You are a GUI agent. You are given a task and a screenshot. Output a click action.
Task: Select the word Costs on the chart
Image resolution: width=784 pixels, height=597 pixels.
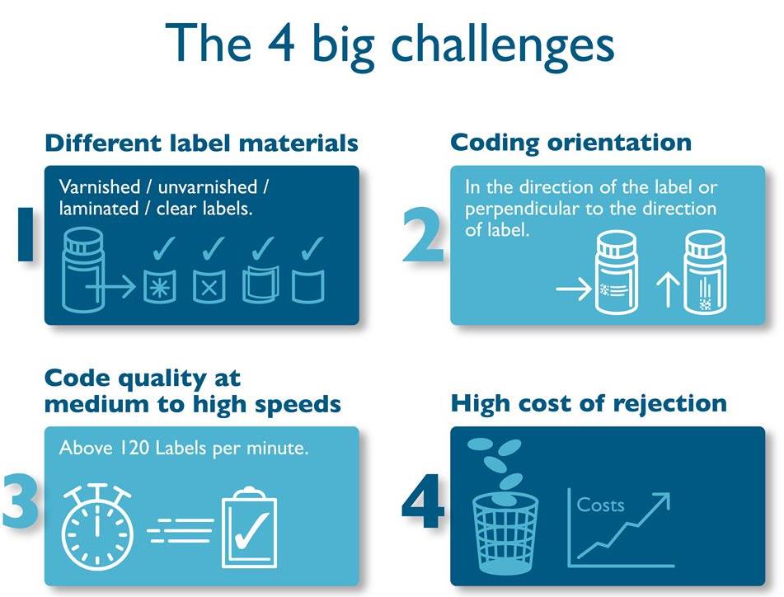[600, 505]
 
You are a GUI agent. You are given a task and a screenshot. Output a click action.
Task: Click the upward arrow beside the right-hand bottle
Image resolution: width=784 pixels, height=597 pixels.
[667, 289]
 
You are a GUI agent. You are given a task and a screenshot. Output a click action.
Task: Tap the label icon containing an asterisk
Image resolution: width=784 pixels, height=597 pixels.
[159, 284]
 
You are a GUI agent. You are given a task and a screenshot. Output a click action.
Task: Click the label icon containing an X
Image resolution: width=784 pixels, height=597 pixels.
[209, 284]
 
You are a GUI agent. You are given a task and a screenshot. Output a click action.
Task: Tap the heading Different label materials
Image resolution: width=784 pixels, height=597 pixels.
[202, 143]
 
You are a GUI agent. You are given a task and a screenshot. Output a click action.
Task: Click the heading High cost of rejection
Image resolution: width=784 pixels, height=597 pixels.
[589, 403]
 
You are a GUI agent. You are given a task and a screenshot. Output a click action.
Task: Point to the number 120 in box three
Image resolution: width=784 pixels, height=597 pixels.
[120, 449]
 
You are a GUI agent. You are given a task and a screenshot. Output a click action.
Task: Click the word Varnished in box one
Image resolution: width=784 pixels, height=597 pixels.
[94, 188]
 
